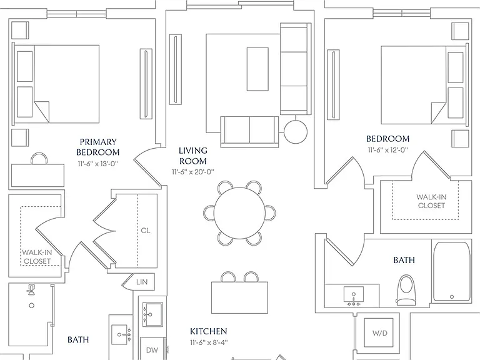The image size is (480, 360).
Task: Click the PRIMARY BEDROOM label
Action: point(98,147)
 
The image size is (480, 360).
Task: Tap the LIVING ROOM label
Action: point(193,156)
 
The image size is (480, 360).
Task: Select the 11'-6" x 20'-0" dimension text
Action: point(193,172)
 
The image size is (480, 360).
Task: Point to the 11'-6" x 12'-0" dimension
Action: point(388,150)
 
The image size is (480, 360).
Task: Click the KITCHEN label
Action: point(209,331)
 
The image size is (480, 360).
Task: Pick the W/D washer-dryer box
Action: point(380,333)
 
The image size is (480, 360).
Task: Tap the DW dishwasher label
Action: point(152,350)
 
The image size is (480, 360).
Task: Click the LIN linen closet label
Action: point(142,282)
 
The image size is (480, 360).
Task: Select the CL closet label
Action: point(146,230)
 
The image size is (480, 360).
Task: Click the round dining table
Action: point(239,213)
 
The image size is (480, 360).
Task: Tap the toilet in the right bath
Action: point(406,290)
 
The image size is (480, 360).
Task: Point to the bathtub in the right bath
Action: point(451,271)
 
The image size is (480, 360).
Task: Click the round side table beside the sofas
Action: point(296,132)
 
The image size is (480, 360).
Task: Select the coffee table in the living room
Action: point(257,69)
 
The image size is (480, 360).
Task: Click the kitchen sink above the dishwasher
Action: point(152,314)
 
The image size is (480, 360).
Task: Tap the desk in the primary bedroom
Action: point(37,176)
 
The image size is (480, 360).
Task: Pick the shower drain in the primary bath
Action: point(31,306)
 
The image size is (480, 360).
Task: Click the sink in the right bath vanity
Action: point(354,296)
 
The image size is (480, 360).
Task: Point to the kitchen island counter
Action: point(240,297)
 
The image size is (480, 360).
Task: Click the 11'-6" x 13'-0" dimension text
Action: point(98,164)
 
